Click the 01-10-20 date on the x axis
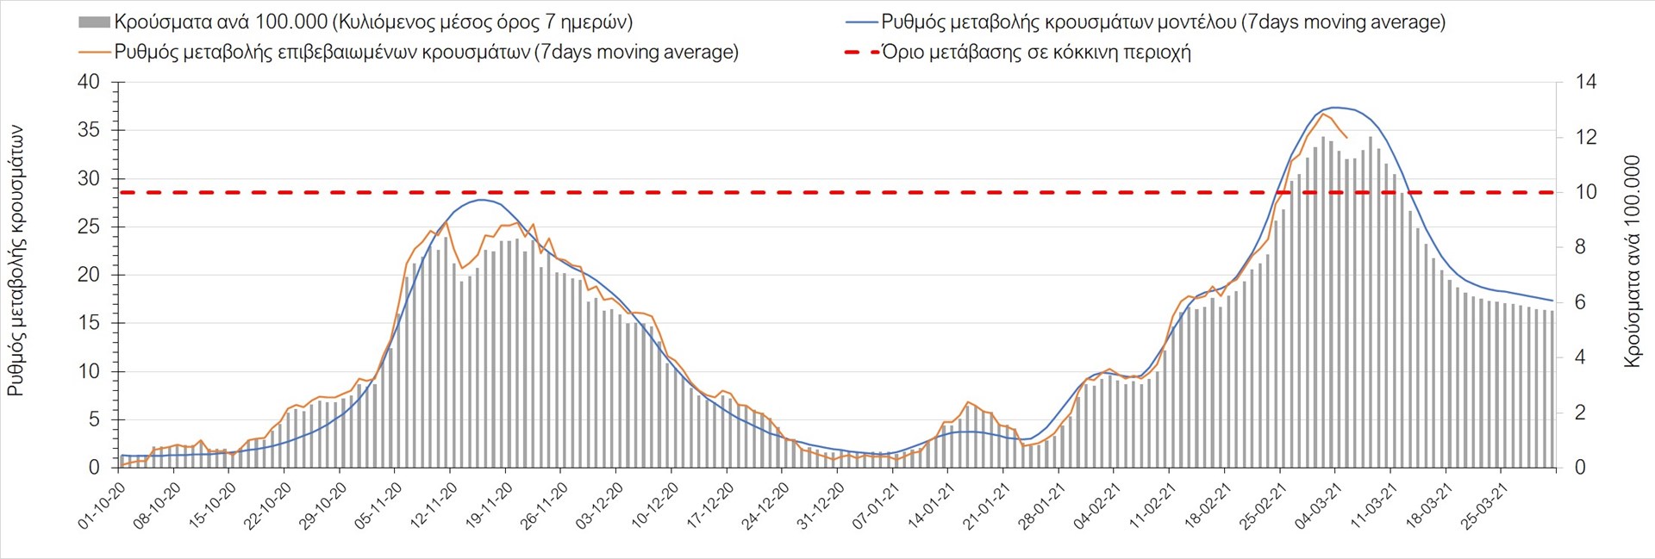point(103,506)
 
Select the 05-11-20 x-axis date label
point(378,506)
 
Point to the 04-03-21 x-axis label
point(1318,506)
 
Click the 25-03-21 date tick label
point(1483,506)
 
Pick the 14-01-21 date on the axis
point(931,506)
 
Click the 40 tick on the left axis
point(89,83)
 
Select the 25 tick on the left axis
point(89,227)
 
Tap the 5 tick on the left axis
point(95,420)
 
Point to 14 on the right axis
point(1586,83)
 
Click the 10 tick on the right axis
point(1586,193)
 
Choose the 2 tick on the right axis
point(1581,413)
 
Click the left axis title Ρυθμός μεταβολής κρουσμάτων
point(16,261)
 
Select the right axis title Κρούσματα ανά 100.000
point(1632,261)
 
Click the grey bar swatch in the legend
point(94,22)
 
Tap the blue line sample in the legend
point(860,22)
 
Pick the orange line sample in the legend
point(94,53)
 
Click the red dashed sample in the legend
point(860,53)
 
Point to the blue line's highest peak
point(1334,108)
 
